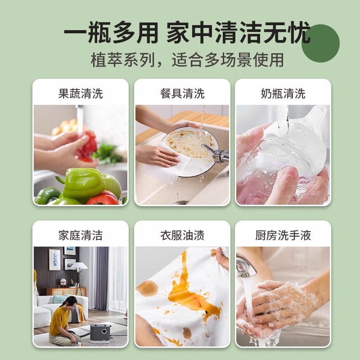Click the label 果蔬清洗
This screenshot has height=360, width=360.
pyautogui.click(x=81, y=94)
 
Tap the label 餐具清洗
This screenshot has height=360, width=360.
pyautogui.click(x=182, y=94)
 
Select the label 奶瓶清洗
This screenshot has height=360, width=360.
pyautogui.click(x=283, y=94)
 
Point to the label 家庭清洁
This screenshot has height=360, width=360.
pyautogui.click(x=81, y=235)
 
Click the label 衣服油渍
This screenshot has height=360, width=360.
pyautogui.click(x=182, y=235)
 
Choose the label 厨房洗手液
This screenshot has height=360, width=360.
pyautogui.click(x=283, y=235)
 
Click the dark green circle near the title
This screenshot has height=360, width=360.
pyautogui.click(x=320, y=44)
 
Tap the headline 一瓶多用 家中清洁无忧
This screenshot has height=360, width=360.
pyautogui.click(x=187, y=34)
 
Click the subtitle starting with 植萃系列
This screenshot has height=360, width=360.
pyautogui.click(x=187, y=60)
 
